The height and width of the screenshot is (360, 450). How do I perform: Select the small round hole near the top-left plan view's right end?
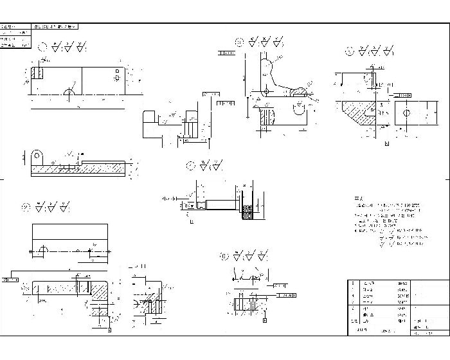(x=116, y=77)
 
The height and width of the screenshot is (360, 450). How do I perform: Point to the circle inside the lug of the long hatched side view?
(x=37, y=156)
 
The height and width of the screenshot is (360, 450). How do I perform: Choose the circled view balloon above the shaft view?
(x=190, y=165)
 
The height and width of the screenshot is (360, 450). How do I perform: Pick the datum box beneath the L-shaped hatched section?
(x=109, y=330)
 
